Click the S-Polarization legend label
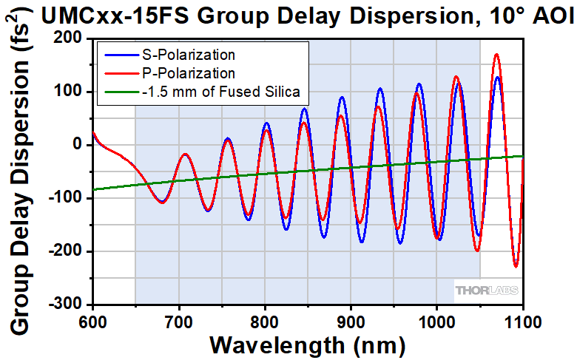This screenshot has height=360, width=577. click(x=190, y=55)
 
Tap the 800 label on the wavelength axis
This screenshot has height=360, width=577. click(x=264, y=321)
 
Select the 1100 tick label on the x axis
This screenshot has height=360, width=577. click(x=522, y=321)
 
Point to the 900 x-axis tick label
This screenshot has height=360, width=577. click(x=350, y=321)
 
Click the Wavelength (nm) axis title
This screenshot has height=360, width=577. click(x=308, y=344)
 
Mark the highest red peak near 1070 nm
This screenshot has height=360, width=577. click(x=496, y=54)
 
